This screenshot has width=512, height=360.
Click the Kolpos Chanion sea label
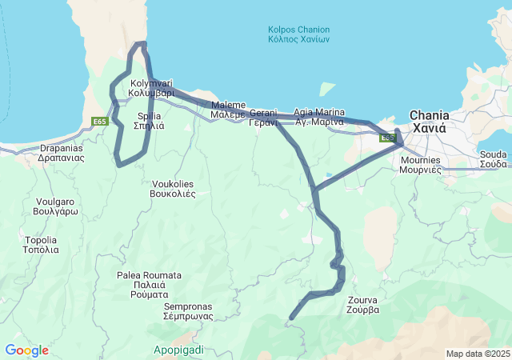[x=298, y=34]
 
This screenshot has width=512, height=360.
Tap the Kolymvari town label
[x=151, y=88]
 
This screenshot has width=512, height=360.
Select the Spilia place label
[x=150, y=121]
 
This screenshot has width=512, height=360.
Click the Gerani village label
[x=262, y=118]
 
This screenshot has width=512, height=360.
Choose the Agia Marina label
[x=318, y=117]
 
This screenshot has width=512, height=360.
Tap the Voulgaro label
[x=55, y=206]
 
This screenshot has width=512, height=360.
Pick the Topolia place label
[x=41, y=244]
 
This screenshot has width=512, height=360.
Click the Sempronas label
[x=188, y=310]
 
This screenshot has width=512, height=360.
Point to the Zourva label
[x=363, y=305]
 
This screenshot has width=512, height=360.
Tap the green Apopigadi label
[x=178, y=350]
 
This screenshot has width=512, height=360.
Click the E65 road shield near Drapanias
[x=99, y=122]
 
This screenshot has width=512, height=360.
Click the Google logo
[x=26, y=350]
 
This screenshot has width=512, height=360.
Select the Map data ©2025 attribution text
[x=477, y=354]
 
